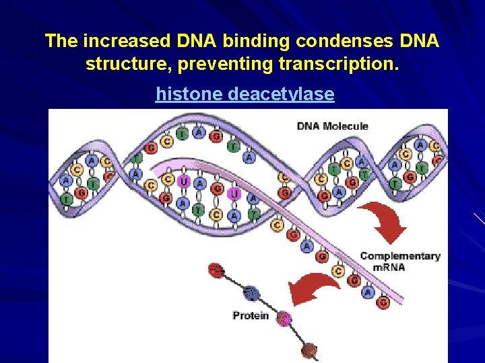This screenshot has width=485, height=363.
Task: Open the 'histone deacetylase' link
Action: pyautogui.click(x=245, y=94)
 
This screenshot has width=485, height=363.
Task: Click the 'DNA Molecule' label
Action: pyautogui.click(x=333, y=126)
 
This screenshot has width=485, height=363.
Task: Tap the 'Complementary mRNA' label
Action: pyautogui.click(x=400, y=261)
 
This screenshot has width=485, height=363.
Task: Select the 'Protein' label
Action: pyautogui.click(x=251, y=315)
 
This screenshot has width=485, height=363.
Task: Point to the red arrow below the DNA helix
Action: pyautogui.click(x=384, y=223)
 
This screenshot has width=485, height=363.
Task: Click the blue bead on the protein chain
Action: pyautogui.click(x=251, y=293)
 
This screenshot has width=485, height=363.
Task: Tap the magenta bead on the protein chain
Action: pyautogui.click(x=284, y=319)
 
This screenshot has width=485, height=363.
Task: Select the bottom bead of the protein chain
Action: pyautogui.click(x=309, y=349)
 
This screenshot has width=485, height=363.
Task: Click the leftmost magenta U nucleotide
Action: pyautogui.click(x=183, y=182)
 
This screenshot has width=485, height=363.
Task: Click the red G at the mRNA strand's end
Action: pyautogui.click(x=383, y=302)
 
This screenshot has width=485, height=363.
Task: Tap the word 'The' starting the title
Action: pyautogui.click(x=61, y=41)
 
